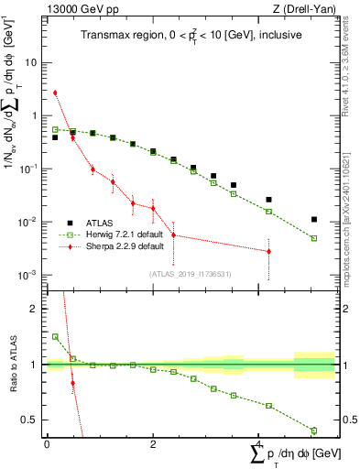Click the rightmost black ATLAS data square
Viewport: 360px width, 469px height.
tap(314, 220)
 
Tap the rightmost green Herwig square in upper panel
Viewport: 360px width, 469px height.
tap(314, 238)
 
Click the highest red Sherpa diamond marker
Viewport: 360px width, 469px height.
tap(56, 93)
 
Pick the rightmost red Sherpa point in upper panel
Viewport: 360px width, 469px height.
tap(268, 251)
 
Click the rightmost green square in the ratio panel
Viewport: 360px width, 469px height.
tap(314, 431)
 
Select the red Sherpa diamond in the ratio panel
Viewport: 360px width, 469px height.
tap(72, 384)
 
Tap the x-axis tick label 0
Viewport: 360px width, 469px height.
tap(47, 444)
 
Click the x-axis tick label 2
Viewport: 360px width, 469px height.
tap(153, 444)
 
